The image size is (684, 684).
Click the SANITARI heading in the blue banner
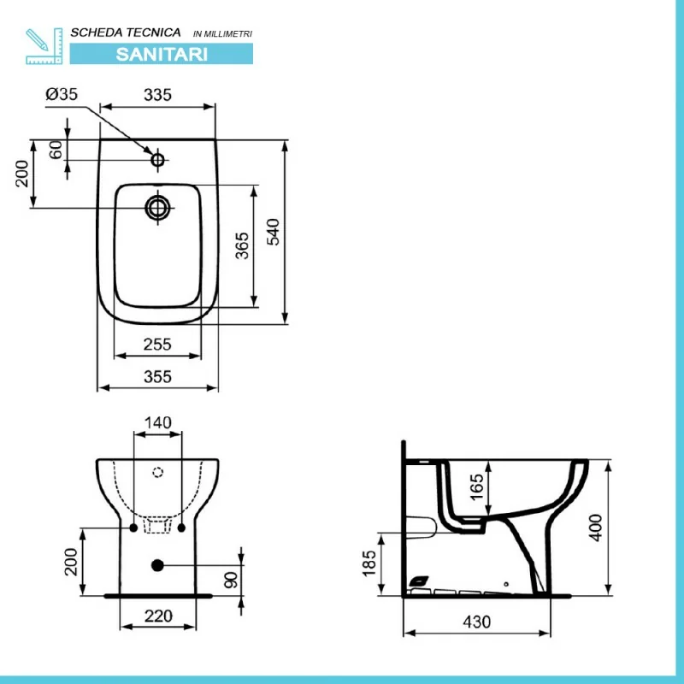click(162, 54)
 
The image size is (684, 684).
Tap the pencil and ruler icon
click(44, 46)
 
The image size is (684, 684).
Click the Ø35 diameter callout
click(62, 94)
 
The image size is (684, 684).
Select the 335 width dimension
click(157, 95)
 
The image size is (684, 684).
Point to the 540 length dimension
click(273, 232)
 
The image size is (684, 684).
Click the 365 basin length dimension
click(242, 245)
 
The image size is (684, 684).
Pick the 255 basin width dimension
click(157, 345)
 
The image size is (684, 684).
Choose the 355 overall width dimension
click(157, 377)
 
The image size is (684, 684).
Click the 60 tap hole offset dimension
click(56, 150)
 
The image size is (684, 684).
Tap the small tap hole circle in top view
click(157, 160)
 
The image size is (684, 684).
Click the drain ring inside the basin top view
click(157, 208)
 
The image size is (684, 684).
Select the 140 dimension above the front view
click(157, 422)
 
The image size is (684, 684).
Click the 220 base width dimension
click(158, 616)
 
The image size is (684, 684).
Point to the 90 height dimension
click(231, 581)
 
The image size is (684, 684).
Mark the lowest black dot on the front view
click(157, 565)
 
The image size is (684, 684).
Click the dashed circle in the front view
click(157, 472)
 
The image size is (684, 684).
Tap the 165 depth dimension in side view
click(477, 486)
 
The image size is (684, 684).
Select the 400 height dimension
click(595, 528)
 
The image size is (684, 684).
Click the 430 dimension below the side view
click(477, 622)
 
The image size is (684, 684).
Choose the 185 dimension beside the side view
click(369, 563)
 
